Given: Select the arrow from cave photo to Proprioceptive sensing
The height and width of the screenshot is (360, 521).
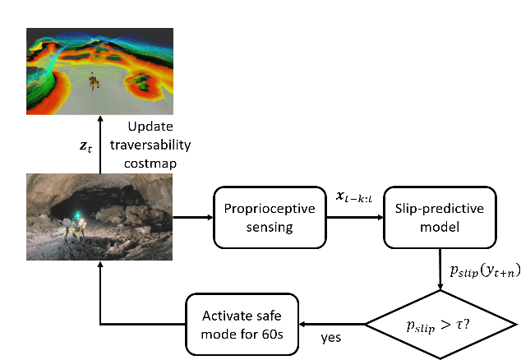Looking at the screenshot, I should click(x=193, y=218).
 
